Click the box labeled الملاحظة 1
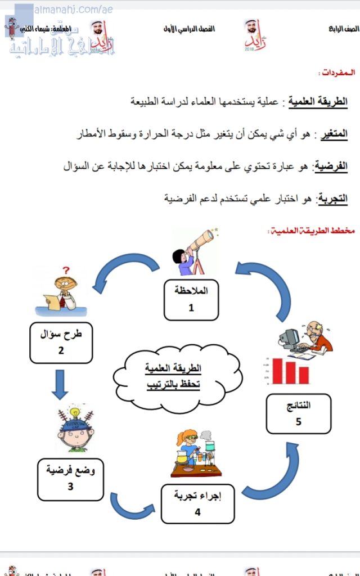[x=191, y=299]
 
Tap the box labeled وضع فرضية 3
[x=71, y=479]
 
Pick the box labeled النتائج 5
[x=299, y=413]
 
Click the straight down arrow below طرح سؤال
[x=56, y=384]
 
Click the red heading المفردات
[x=336, y=73]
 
